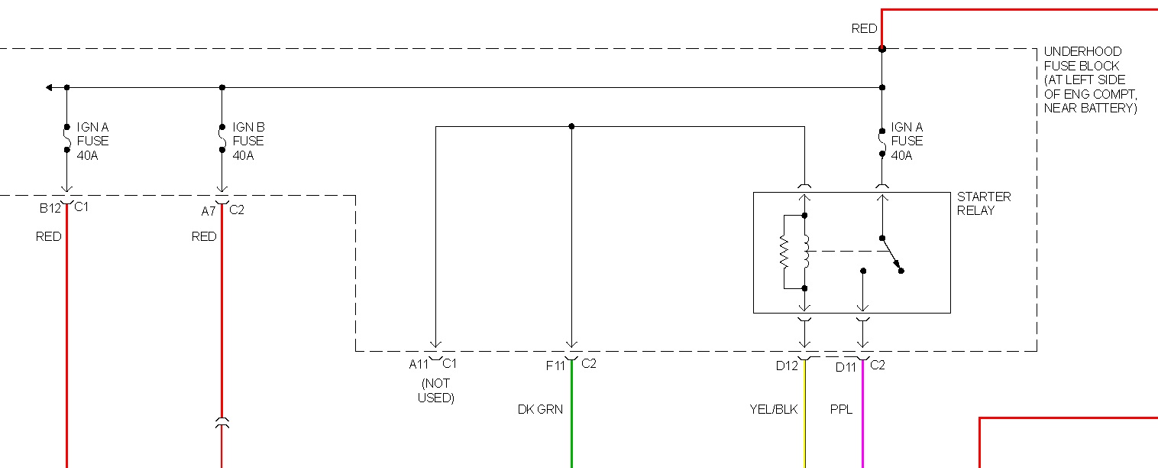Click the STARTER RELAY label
pos(983,203)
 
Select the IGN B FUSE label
pos(248,141)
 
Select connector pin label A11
pos(419,364)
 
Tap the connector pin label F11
pos(555,366)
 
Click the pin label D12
pos(786,366)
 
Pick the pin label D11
pos(846,367)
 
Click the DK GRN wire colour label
pos(540,410)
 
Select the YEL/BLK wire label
pos(773,410)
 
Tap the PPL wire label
pos(841,410)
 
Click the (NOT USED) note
pos(435,391)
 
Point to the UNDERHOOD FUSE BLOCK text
pos(1090,80)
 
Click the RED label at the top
pos(864,29)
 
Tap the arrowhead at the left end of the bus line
pos(49,87)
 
